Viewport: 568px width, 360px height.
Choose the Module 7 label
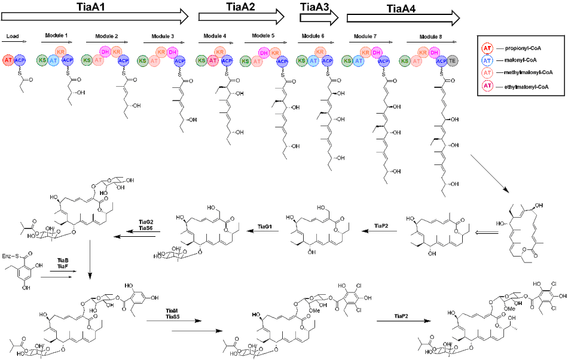point(365,36)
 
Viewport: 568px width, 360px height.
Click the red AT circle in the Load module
point(8,60)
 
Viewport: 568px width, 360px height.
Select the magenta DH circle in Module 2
point(104,53)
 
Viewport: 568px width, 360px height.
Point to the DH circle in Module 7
point(376,53)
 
